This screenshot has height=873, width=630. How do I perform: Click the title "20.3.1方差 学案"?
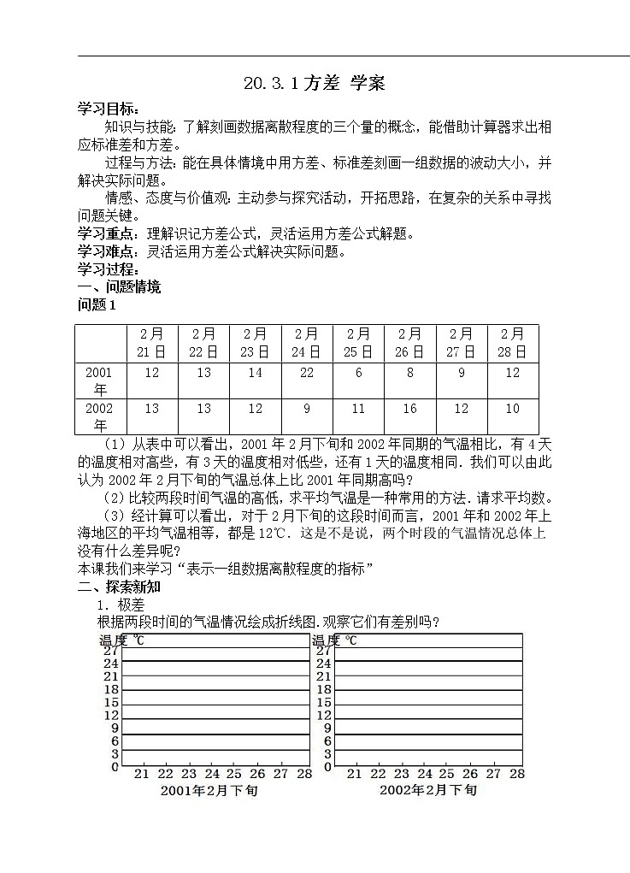314,83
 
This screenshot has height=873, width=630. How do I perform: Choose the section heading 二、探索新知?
119,587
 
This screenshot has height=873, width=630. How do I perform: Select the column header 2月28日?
512,343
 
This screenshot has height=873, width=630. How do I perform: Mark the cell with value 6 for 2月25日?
358,373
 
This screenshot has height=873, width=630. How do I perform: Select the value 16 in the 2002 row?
409,409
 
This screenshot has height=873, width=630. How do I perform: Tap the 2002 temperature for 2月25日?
358,409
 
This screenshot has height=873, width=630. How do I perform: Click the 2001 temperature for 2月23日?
256,373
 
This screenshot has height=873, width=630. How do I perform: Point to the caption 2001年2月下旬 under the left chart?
209,791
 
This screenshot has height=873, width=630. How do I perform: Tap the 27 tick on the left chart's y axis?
110,650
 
